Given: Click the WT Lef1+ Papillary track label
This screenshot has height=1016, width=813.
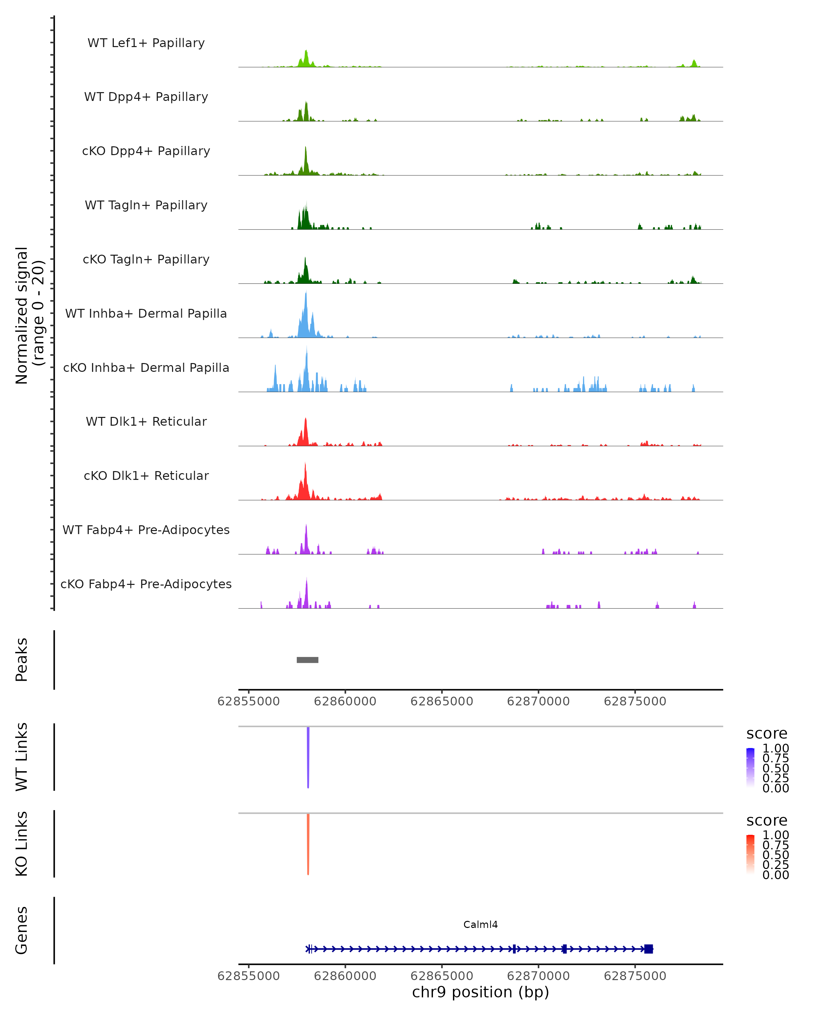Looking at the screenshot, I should [146, 43].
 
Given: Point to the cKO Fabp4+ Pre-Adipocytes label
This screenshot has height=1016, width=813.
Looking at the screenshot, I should [146, 584].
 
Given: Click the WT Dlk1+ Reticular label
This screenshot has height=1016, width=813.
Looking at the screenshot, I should [146, 421].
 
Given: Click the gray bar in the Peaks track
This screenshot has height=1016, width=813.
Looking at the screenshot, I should [307, 660].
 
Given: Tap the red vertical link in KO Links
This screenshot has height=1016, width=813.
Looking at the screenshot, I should [308, 844].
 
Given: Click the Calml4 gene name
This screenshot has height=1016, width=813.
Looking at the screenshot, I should [480, 925].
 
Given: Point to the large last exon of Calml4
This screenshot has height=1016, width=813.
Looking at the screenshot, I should [648, 949].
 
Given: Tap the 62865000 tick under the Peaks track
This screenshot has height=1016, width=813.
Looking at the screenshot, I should [442, 701].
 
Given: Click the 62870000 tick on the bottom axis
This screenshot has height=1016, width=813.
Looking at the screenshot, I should [538, 975].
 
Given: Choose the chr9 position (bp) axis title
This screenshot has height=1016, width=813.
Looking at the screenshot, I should [480, 992].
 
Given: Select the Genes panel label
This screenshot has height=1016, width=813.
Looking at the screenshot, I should [22, 930].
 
